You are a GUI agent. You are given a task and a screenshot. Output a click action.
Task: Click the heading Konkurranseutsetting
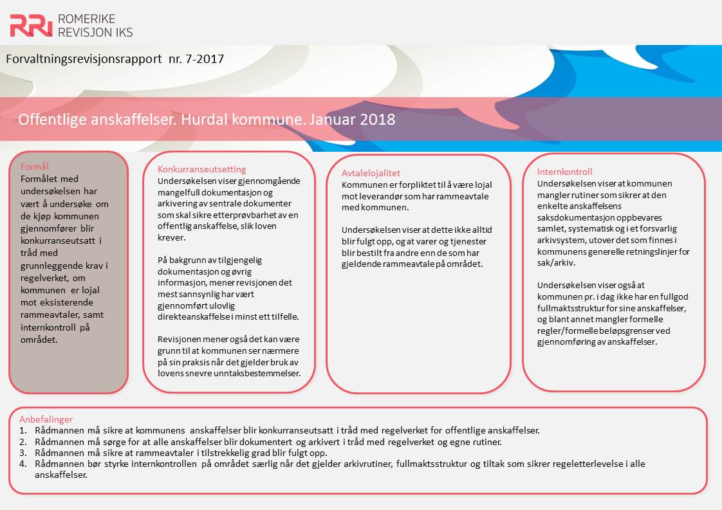point(202,169)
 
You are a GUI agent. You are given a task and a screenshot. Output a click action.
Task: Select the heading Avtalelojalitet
point(371,173)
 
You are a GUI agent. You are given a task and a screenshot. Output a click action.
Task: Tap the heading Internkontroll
point(565,172)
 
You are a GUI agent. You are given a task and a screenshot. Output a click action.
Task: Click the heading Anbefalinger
point(46,419)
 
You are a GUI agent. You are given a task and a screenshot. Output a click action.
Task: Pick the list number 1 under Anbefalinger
point(22,430)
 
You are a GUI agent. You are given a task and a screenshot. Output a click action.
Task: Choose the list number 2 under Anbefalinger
point(23,442)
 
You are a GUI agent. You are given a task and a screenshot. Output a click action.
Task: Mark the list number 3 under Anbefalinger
point(23,453)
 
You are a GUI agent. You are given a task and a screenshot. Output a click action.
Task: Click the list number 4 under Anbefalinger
point(23,464)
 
